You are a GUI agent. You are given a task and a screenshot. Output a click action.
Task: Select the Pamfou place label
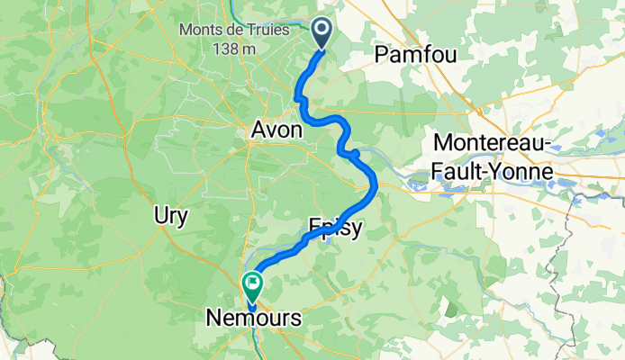(x=415, y=55)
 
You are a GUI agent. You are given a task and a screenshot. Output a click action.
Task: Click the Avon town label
(x=276, y=131)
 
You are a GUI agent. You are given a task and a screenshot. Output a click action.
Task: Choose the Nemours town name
(x=253, y=317)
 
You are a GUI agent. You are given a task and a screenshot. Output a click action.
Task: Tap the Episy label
(x=335, y=228)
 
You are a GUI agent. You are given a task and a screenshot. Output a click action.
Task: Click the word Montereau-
(x=493, y=142)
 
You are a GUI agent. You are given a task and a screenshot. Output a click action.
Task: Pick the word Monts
(x=202, y=30)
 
